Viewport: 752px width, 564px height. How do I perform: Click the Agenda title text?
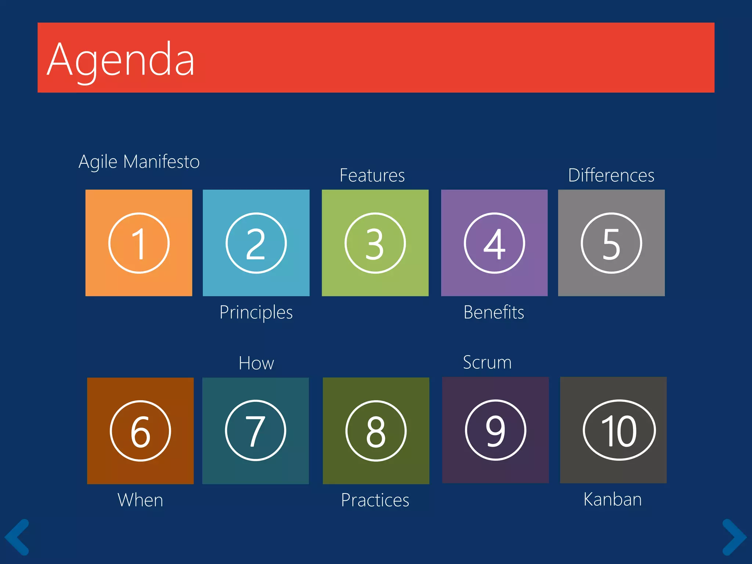tap(121, 60)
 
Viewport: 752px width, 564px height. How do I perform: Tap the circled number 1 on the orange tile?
tap(139, 243)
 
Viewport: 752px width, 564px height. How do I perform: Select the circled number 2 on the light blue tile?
tap(256, 243)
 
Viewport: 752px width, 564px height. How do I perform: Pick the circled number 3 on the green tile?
tap(375, 243)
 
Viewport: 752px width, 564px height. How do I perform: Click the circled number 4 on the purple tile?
tap(494, 243)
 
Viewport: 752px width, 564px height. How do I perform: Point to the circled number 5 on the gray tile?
tap(611, 243)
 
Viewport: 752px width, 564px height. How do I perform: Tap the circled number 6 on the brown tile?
tap(140, 431)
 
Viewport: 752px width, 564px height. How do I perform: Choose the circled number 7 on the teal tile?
tap(256, 430)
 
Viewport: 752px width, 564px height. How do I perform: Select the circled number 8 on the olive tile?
tap(376, 431)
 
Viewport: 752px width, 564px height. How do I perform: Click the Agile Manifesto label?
tap(139, 162)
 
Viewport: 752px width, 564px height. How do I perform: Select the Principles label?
tap(256, 312)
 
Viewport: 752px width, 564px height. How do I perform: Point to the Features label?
tap(372, 176)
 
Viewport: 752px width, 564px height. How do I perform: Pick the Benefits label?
tap(493, 312)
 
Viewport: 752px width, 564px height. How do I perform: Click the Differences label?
tap(611, 176)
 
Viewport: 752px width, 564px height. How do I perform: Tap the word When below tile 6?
tap(140, 500)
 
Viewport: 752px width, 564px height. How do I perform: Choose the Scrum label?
tap(487, 363)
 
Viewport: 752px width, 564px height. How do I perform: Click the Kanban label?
tap(612, 499)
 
